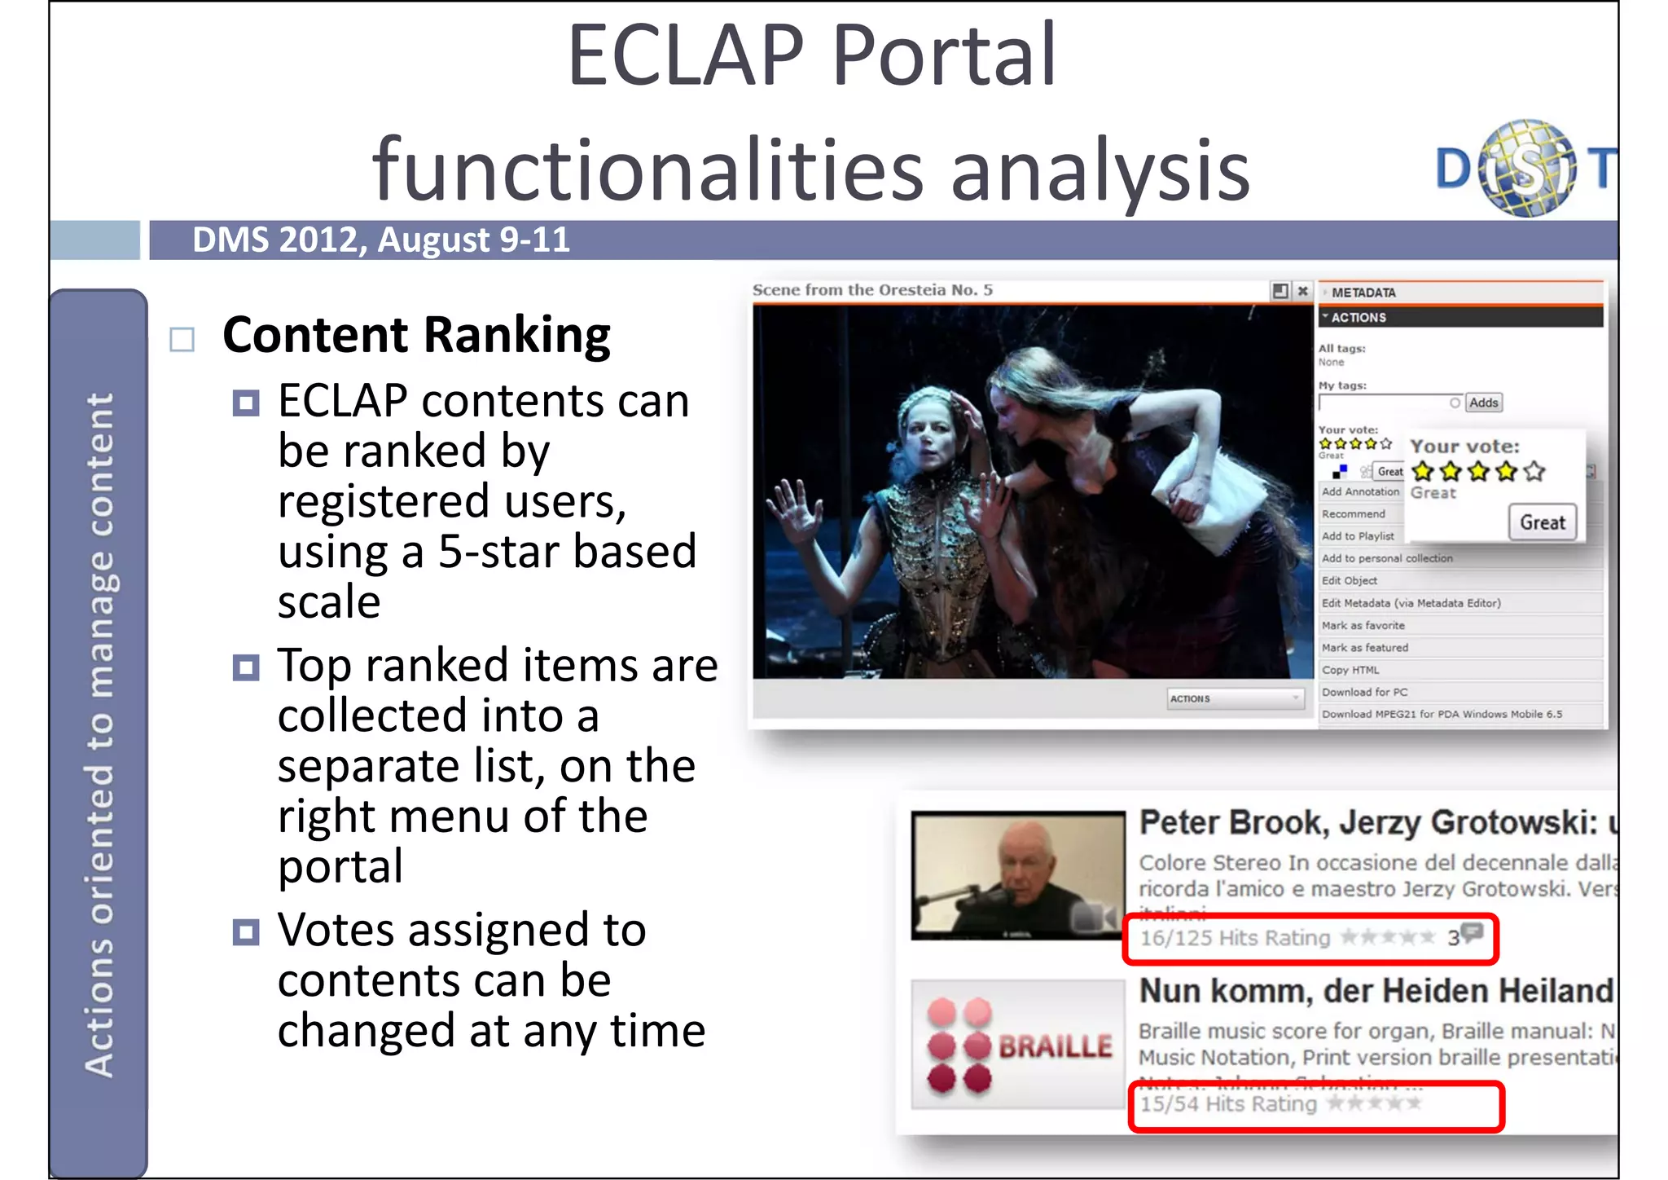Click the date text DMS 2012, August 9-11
(380, 240)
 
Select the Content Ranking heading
(416, 335)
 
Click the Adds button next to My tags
(1483, 403)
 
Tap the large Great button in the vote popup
(1542, 522)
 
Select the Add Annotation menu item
(1359, 491)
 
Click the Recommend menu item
(1353, 514)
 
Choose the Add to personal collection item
(1387, 558)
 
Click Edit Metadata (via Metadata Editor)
(1411, 603)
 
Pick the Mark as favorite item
(1363, 625)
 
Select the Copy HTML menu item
(1350, 670)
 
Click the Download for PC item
(1364, 692)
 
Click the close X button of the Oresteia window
(1302, 291)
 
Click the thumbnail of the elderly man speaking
(1017, 875)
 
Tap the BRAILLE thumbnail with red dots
(1017, 1045)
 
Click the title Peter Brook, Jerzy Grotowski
(1368, 823)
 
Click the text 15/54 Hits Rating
(1228, 1104)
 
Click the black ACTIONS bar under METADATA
(1459, 317)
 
